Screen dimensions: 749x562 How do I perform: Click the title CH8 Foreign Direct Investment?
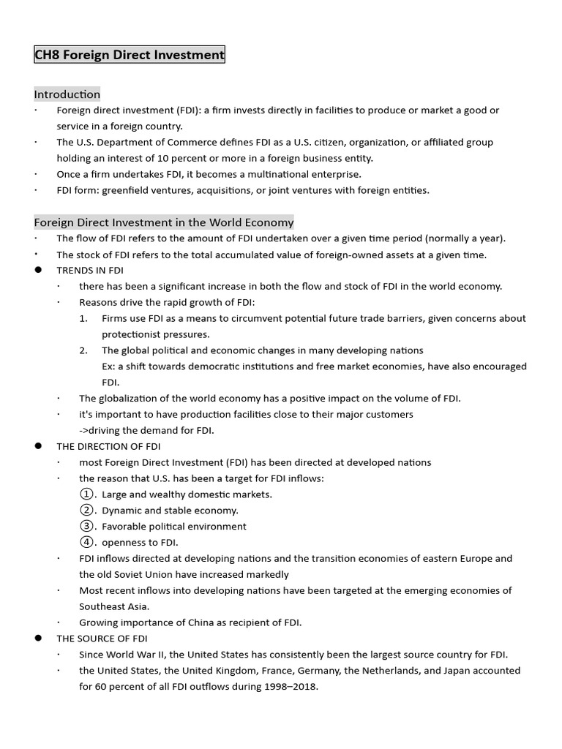pos(130,55)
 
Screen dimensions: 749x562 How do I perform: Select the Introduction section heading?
pos(67,94)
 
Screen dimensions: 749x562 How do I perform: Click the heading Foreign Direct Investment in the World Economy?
pos(164,222)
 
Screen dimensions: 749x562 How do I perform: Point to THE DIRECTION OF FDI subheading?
pos(108,446)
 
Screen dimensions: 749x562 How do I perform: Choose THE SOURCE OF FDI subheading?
pos(102,639)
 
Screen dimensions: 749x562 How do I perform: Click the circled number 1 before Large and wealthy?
pos(87,494)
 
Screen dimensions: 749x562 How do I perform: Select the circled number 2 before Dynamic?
pos(87,511)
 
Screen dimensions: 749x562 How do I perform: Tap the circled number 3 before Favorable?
pos(87,527)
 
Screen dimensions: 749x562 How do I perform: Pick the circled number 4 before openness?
pos(87,543)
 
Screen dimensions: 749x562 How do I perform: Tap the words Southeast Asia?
pos(113,606)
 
